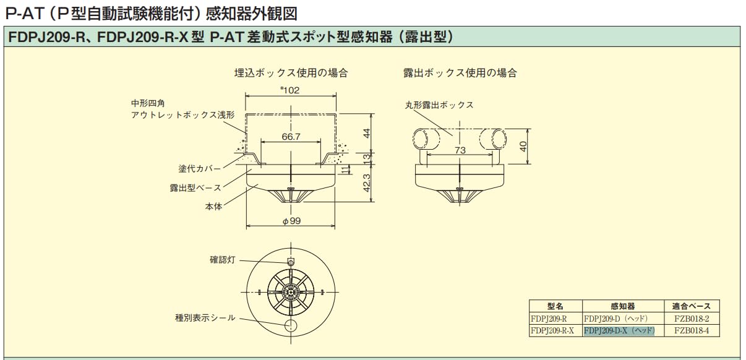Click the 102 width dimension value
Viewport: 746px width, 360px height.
290,90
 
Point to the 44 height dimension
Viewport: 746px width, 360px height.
367,132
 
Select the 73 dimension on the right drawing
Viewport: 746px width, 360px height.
460,150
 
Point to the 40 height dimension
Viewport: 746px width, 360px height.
523,147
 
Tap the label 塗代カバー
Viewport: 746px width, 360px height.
195,168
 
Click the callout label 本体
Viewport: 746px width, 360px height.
213,207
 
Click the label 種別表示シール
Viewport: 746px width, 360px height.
205,318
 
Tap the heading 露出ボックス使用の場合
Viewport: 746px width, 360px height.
460,73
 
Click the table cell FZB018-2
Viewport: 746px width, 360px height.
691,319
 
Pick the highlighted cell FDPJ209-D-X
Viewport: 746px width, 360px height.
619,330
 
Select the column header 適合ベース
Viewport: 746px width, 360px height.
691,306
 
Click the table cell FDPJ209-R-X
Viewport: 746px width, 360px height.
552,330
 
